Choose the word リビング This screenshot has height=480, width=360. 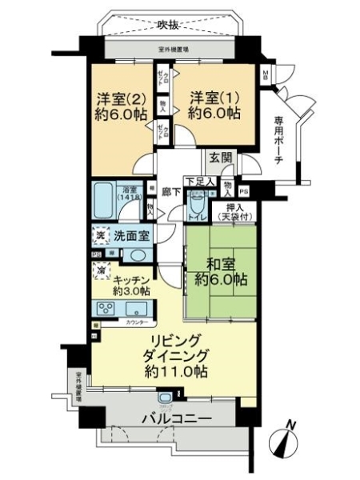point(167,339)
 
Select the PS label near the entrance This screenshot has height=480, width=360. point(244,192)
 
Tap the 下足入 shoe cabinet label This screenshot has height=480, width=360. point(199,182)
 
